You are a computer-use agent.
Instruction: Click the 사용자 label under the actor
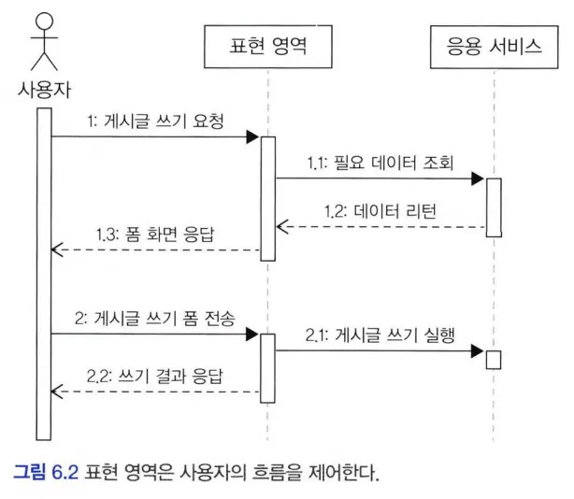point(43,91)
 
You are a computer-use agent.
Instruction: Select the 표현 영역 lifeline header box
point(267,46)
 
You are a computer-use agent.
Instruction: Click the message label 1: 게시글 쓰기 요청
point(154,121)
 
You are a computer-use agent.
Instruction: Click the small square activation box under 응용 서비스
point(494,359)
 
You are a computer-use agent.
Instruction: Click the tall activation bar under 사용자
point(43,271)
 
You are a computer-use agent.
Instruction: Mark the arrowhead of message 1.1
point(478,178)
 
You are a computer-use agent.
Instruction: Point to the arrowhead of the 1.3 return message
point(57,249)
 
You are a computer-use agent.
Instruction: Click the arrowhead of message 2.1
point(478,351)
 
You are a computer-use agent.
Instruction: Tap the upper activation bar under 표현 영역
point(267,198)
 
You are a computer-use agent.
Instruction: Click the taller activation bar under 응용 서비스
point(494,207)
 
